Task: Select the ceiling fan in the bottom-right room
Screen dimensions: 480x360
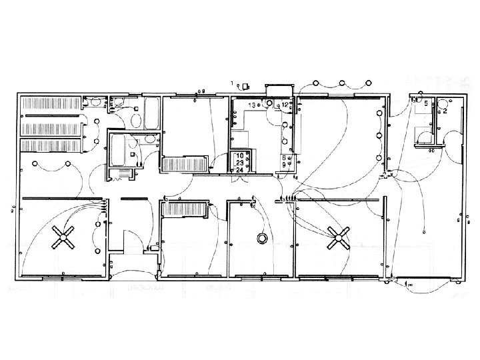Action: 339,237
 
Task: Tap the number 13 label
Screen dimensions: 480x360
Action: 253,105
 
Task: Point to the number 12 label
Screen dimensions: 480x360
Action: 284,105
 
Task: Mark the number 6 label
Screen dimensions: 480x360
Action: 284,157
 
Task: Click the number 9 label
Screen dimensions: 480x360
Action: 284,164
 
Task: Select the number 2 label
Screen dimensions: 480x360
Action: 445,111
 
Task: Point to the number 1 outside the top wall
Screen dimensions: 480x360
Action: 233,83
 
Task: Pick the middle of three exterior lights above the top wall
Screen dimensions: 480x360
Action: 342,83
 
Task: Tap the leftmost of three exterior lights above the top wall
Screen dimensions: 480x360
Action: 317,83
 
